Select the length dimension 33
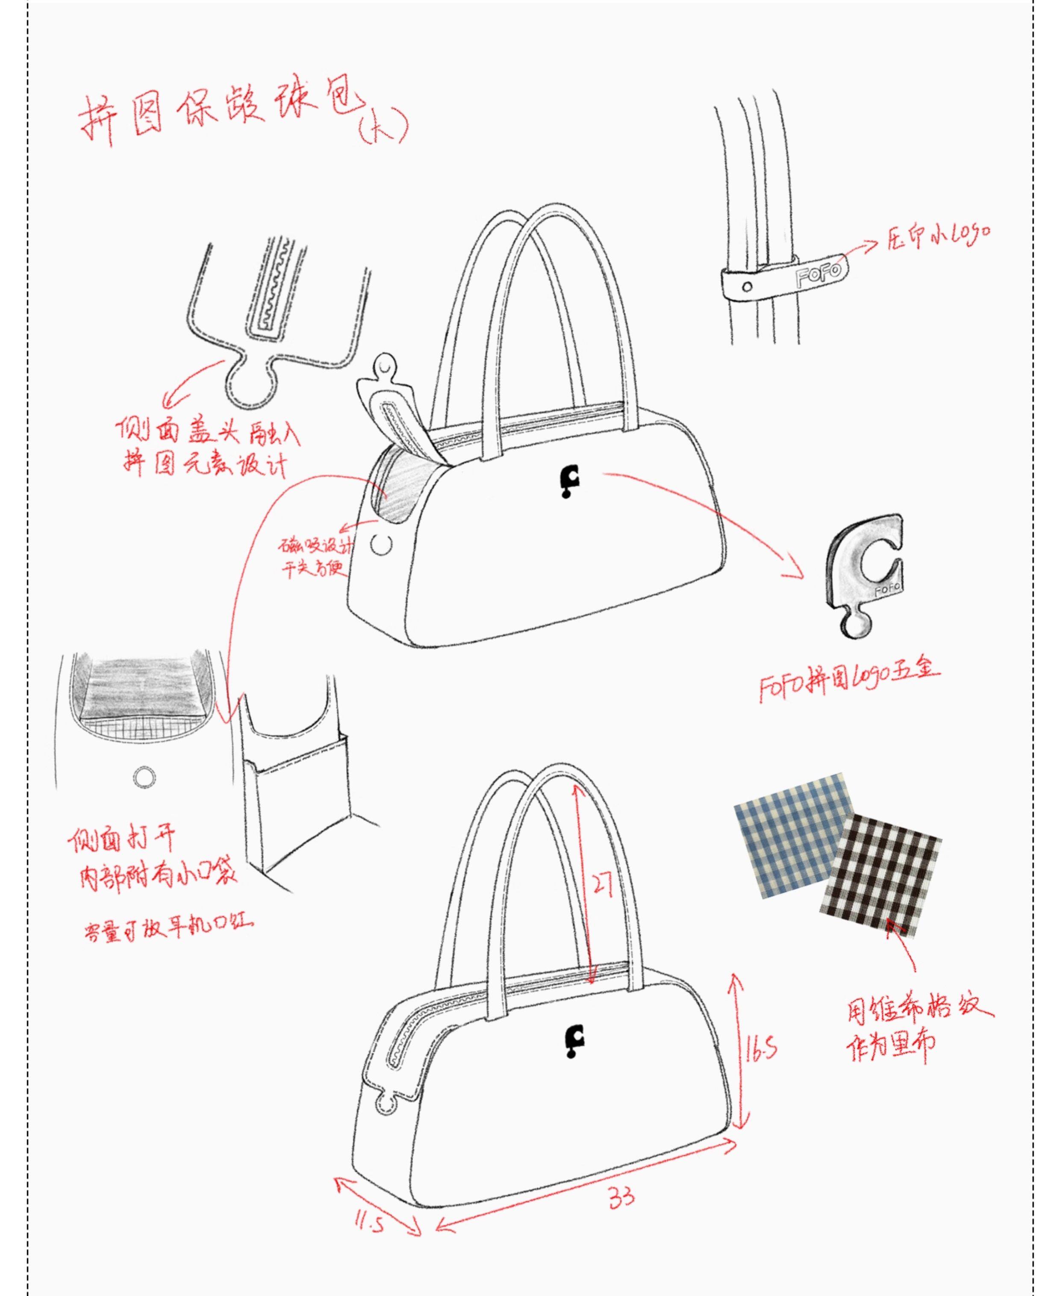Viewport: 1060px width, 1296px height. [621, 1198]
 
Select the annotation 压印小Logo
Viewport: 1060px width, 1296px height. [938, 236]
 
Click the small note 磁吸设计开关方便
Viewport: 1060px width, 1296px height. [315, 557]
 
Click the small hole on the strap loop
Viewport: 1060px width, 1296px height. [747, 286]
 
